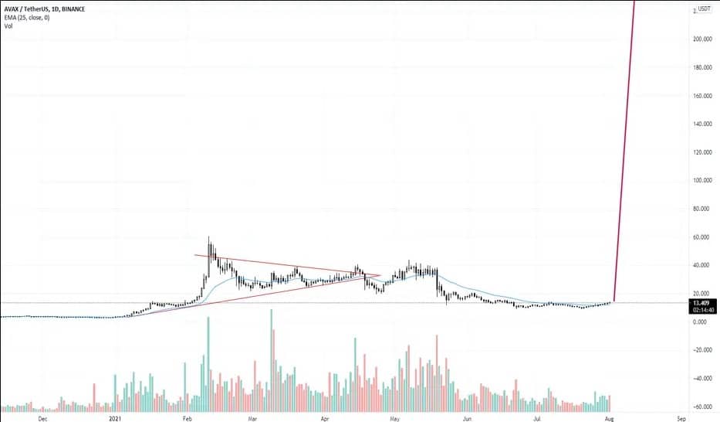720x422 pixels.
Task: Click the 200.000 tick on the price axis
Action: point(701,39)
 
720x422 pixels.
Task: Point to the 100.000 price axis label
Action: point(701,180)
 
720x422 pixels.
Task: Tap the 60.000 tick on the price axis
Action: point(703,237)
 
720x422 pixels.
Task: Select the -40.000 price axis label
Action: point(701,379)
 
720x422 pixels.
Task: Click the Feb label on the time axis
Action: point(186,418)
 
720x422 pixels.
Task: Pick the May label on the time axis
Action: point(394,418)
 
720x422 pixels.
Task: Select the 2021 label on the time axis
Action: point(114,418)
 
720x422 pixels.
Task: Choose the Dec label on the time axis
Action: point(43,418)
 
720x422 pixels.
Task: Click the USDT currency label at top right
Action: point(704,9)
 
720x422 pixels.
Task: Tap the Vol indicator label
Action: point(8,26)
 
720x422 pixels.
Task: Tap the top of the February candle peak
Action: point(208,237)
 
